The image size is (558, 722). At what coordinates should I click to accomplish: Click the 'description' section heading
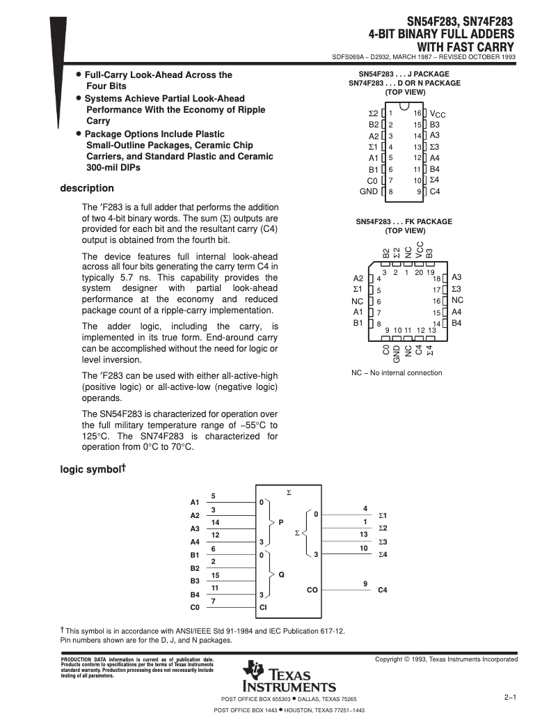coord(87,188)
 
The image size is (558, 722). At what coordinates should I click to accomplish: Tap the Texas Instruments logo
coord(289,674)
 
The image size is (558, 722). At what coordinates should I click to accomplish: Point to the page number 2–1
coord(509,697)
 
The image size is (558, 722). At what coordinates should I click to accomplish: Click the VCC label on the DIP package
coord(438,113)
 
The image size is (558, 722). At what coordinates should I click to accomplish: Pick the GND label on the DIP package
coord(368,191)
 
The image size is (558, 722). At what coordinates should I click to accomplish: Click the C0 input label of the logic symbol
coord(195,607)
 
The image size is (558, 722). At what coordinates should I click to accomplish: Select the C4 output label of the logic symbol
coord(382,590)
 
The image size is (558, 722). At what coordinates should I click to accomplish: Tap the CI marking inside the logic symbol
coord(263,607)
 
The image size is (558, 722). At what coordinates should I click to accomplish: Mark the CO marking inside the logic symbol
coord(312,590)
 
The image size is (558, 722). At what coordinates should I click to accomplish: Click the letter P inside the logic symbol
coord(281,521)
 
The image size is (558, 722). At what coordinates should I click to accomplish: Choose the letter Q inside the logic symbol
coord(281,574)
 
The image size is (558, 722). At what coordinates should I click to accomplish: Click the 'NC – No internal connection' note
coord(397,372)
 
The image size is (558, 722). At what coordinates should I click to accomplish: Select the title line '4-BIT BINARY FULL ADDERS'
coord(441,33)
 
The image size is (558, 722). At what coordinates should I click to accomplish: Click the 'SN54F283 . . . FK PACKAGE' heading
coord(404,221)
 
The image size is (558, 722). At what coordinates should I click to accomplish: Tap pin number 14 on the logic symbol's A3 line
coord(215,522)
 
